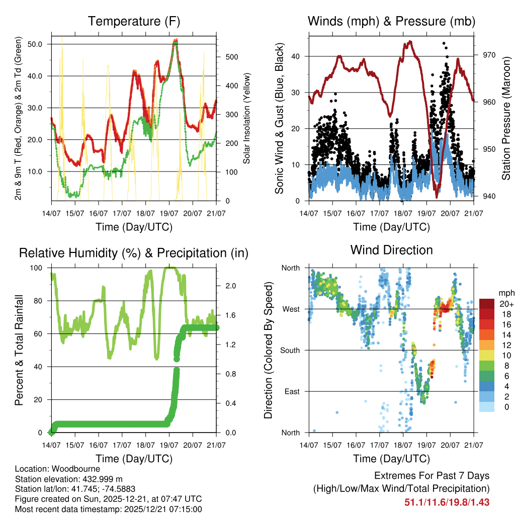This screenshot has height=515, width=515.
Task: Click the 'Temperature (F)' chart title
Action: [x=134, y=22]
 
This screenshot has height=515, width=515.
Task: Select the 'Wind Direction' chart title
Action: [x=391, y=250]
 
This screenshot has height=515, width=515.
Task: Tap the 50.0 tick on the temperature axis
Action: [x=41, y=44]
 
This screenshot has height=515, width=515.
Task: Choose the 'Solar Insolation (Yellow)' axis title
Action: [x=246, y=118]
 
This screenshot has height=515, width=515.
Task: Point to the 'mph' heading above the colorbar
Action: [x=505, y=293]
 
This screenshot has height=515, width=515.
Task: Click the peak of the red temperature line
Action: [x=175, y=40]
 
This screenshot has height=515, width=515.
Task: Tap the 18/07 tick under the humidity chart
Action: [x=145, y=445]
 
